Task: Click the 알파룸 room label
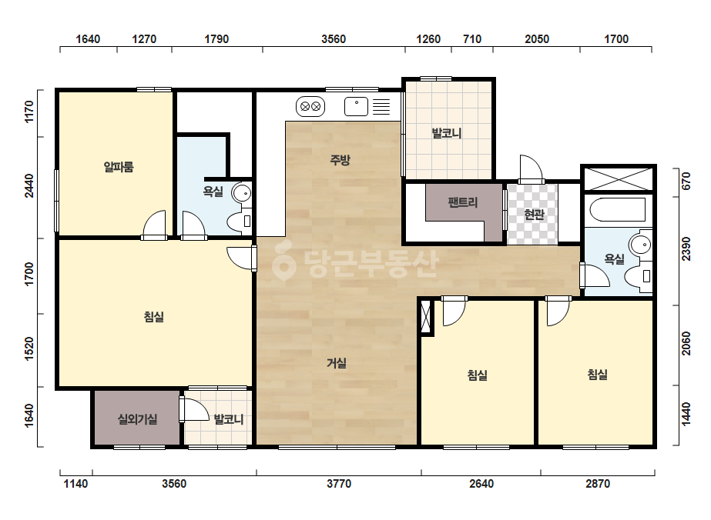tap(119, 167)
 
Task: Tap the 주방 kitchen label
tap(340, 159)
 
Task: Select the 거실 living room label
tap(337, 363)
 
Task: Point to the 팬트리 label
tap(463, 202)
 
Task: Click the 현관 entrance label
tap(534, 214)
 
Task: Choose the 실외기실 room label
tap(137, 419)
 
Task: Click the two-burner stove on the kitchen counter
tap(310, 106)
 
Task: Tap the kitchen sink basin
tap(357, 106)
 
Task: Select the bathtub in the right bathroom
tap(618, 209)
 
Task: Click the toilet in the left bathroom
tap(239, 221)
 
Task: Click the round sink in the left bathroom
tap(242, 193)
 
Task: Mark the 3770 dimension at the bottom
tap(339, 484)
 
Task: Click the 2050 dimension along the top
tap(537, 39)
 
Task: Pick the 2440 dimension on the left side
tap(29, 185)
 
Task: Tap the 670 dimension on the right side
tap(686, 182)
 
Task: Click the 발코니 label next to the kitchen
tap(447, 133)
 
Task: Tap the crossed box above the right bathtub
tap(618, 178)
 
